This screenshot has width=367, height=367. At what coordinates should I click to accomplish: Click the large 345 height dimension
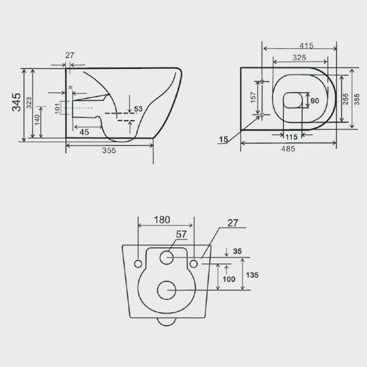tap(17, 102)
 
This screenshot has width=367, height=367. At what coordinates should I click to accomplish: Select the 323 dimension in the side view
tap(29, 103)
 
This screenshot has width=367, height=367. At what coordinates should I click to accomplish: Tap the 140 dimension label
tap(37, 120)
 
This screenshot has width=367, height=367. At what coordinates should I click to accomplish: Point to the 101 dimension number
tap(58, 108)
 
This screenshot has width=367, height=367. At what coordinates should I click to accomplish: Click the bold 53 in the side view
tap(138, 109)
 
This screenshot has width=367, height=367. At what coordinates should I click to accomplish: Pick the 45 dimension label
tap(84, 132)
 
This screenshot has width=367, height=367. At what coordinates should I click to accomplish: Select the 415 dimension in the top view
tap(306, 46)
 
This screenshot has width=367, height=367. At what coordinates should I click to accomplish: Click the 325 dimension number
tap(300, 58)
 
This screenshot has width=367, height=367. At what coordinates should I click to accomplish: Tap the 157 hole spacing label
tap(253, 97)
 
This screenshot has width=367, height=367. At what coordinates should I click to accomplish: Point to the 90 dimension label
tap(314, 101)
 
